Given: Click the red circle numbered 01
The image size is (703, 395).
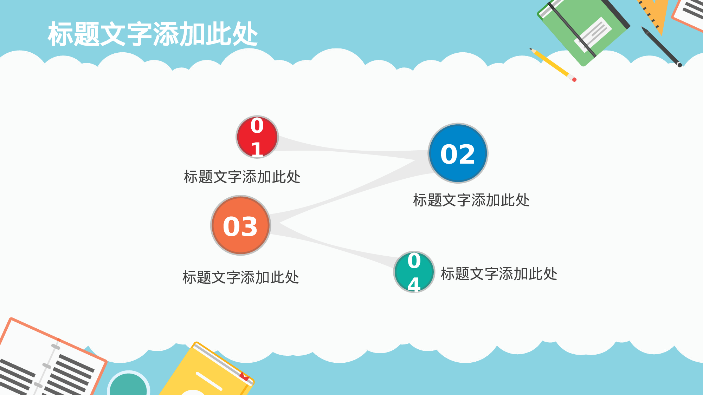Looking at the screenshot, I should tap(257, 137).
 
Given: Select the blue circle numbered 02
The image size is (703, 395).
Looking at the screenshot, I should tap(458, 153).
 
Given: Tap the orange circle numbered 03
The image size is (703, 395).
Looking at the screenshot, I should tap(240, 225).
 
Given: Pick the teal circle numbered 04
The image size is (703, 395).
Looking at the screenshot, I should tap(414, 272).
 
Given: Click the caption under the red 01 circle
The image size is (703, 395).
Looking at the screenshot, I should tap(242, 177).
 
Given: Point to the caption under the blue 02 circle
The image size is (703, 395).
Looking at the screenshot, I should tap(471, 200).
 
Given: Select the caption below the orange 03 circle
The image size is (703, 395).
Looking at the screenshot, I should tap(240, 277).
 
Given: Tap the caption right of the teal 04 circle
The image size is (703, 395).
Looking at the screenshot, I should tap(499, 274).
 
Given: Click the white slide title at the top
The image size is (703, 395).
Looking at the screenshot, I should tap(153, 34).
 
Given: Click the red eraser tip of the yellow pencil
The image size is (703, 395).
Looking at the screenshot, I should tap(574, 80).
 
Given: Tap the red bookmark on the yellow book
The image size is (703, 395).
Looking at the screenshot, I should tap(244, 376).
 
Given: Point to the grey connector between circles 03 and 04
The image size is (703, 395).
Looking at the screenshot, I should tap(334, 246).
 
